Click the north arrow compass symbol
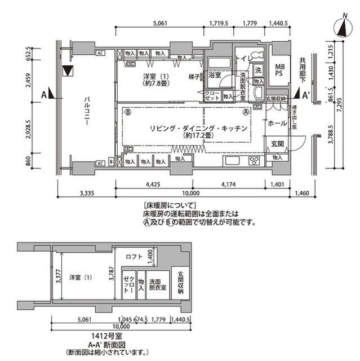pos(343,28)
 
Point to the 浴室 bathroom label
pos(214,74)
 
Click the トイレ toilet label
pos(242,58)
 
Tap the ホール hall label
pos(276,124)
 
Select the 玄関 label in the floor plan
pos(276,144)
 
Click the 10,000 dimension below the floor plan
pos(192,193)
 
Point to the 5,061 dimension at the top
pos(161,24)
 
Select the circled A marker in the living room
pos(246,112)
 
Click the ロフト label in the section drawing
pos(134,257)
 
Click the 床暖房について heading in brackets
pos(169,205)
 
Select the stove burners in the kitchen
pos(253,160)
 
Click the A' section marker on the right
pos(306,95)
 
